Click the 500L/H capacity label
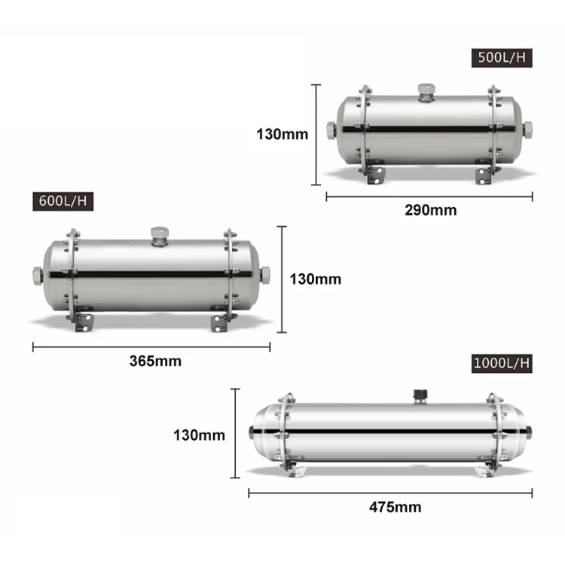click(x=502, y=58)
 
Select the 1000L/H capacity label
click(x=502, y=363)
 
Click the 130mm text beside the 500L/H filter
click(x=282, y=135)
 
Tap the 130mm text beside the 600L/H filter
click(x=315, y=279)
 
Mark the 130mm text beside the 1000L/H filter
click(x=199, y=435)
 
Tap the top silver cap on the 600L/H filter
click(x=159, y=234)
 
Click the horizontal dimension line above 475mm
click(x=390, y=493)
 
